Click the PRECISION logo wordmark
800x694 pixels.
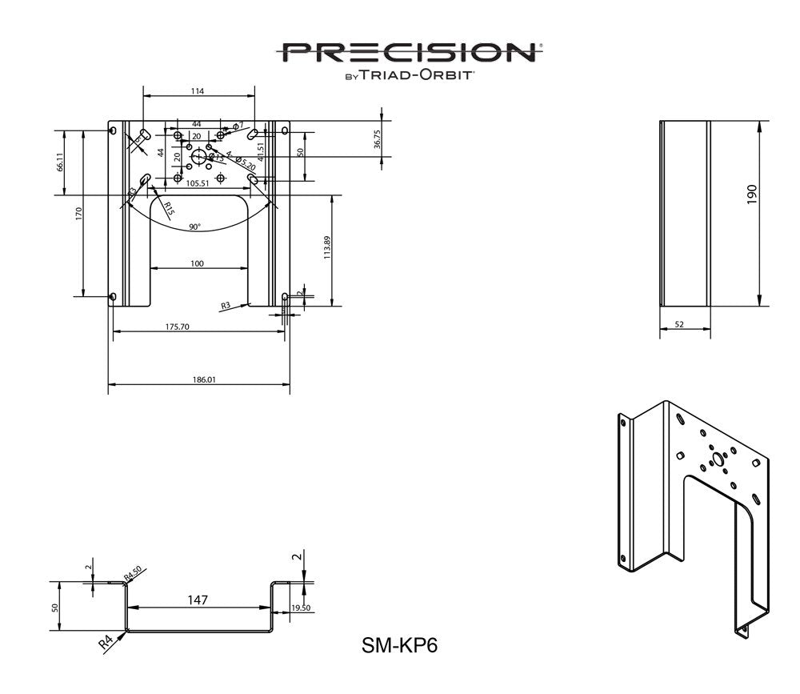(410, 53)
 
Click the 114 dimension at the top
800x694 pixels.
(198, 91)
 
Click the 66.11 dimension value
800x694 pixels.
(59, 162)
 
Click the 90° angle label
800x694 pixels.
(194, 227)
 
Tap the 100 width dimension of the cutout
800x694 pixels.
(198, 263)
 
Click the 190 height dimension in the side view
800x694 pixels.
(752, 195)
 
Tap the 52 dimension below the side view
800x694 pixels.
(679, 324)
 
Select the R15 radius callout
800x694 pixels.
(168, 210)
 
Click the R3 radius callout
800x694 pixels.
(226, 305)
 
